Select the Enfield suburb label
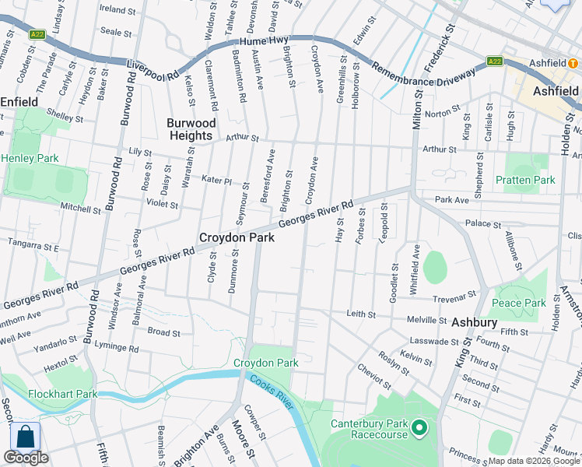click(x=19, y=102)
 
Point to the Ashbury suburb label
click(x=472, y=321)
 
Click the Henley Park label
click(x=30, y=158)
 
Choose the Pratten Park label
click(x=525, y=180)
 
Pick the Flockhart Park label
click(x=63, y=394)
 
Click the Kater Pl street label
click(x=217, y=181)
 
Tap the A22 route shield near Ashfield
click(x=493, y=61)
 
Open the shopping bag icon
click(x=25, y=437)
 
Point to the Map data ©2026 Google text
click(x=534, y=461)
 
